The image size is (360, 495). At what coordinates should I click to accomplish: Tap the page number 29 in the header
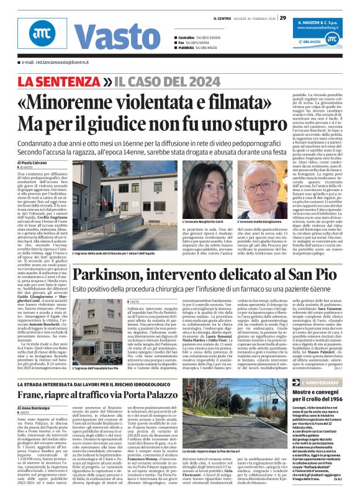pos(282,17)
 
